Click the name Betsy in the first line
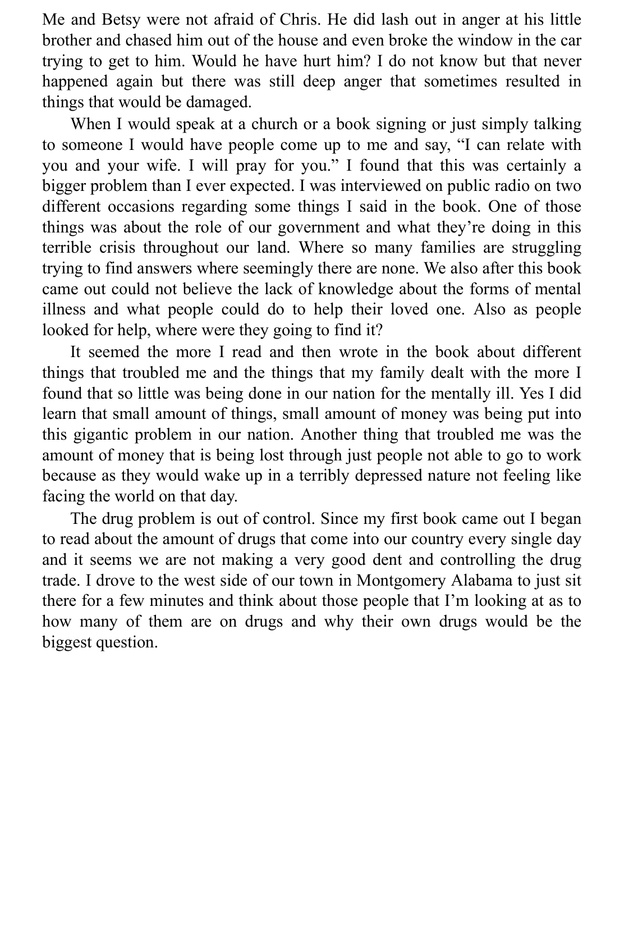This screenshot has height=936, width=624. tap(121, 20)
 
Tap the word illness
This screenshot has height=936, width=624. tap(63, 309)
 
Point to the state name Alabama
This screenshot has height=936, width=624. tap(483, 580)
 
